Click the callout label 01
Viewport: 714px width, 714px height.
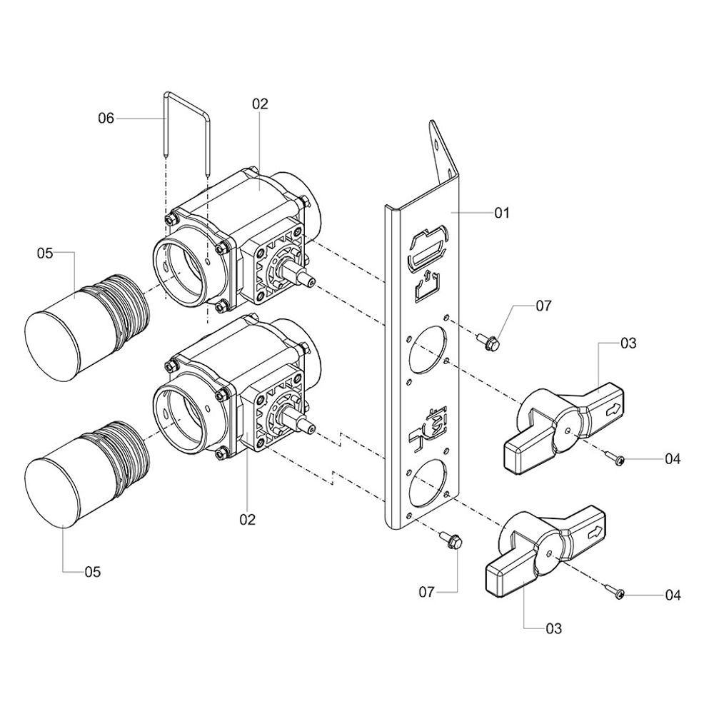[x=502, y=213]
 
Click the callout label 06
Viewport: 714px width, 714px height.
[x=106, y=119]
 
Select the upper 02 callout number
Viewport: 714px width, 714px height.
[x=261, y=104]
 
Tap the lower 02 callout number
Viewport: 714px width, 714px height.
[x=248, y=519]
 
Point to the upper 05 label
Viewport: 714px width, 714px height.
[x=45, y=253]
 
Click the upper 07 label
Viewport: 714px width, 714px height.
[x=543, y=306]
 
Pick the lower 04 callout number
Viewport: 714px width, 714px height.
[x=673, y=595]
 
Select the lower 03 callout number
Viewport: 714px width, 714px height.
[x=554, y=629]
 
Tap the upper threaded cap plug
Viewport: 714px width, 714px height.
[x=86, y=328]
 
